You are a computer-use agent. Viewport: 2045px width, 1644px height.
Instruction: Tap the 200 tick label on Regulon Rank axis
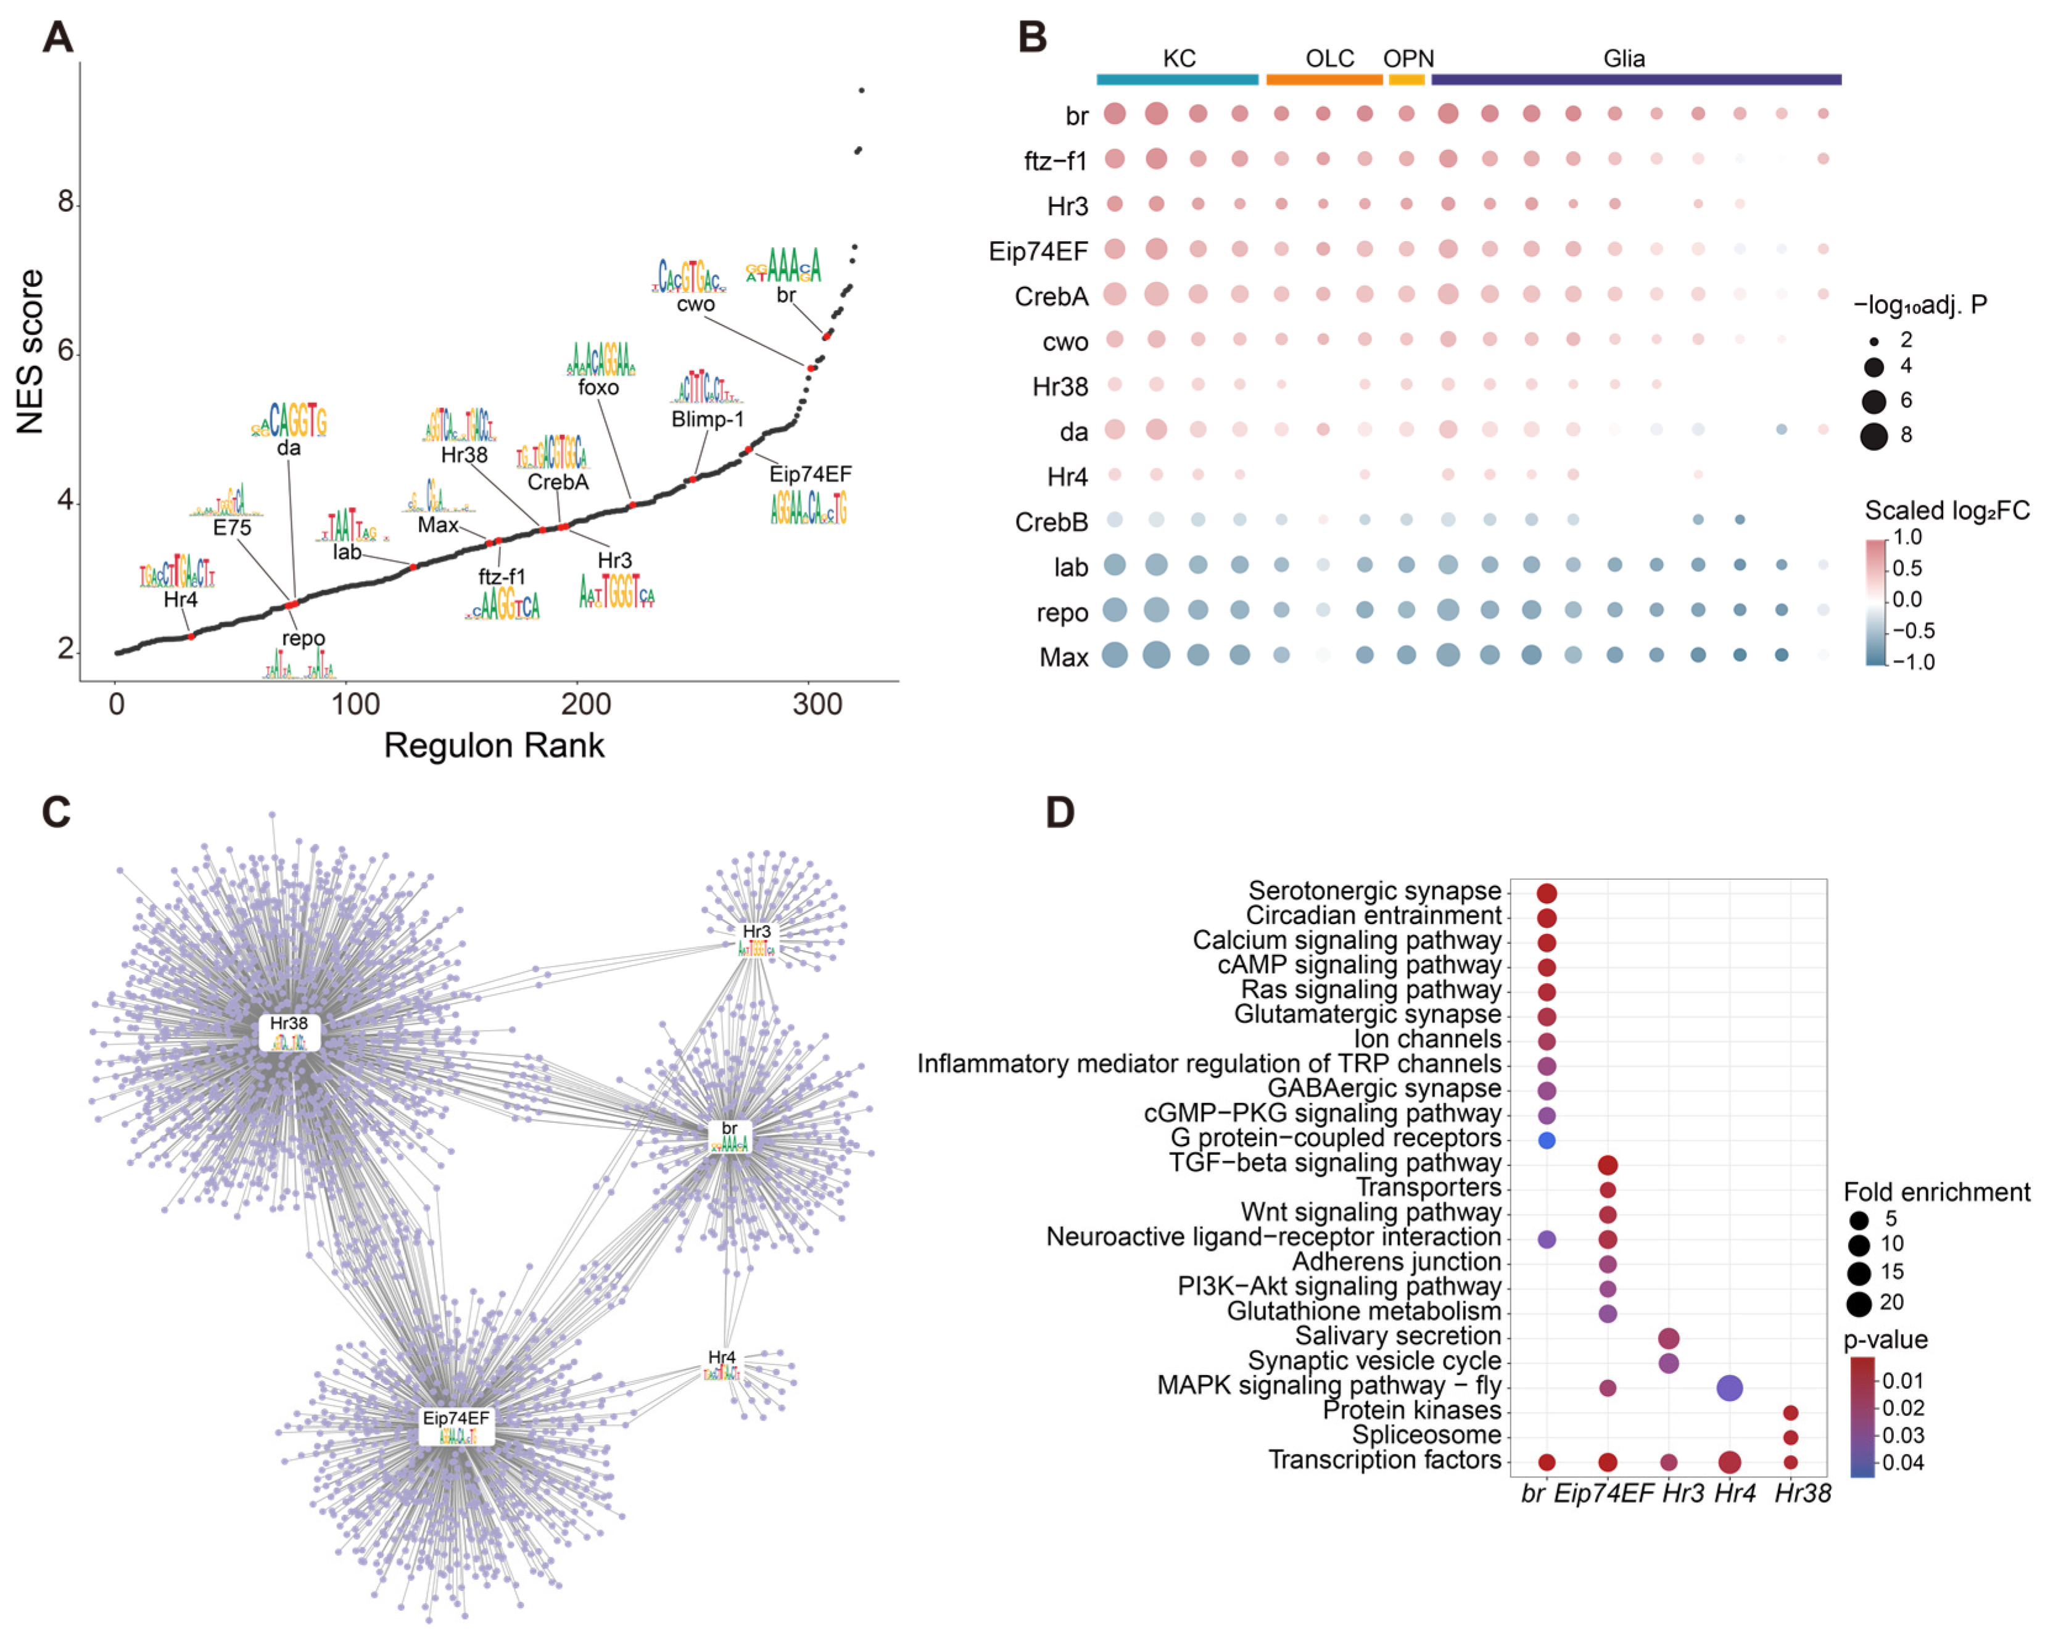pyautogui.click(x=585, y=704)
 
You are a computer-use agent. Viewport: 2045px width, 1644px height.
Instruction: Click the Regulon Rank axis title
pyautogui.click(x=494, y=746)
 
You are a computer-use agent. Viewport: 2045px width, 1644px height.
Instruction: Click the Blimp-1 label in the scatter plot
pyautogui.click(x=708, y=418)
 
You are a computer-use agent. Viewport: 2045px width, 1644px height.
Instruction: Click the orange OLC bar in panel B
pyautogui.click(x=1324, y=80)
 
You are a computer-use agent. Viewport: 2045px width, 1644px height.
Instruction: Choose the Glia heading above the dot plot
pyautogui.click(x=1624, y=59)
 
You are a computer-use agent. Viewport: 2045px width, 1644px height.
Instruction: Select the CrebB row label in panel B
pyautogui.click(x=1051, y=523)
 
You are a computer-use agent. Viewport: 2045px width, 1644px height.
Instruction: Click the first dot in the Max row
pyautogui.click(x=1115, y=655)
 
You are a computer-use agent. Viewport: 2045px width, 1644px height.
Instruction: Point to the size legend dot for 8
pyautogui.click(x=1874, y=436)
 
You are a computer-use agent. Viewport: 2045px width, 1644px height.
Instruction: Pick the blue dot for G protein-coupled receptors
pyautogui.click(x=1546, y=1140)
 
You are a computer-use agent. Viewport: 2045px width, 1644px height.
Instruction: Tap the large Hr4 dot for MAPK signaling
pyautogui.click(x=1729, y=1388)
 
